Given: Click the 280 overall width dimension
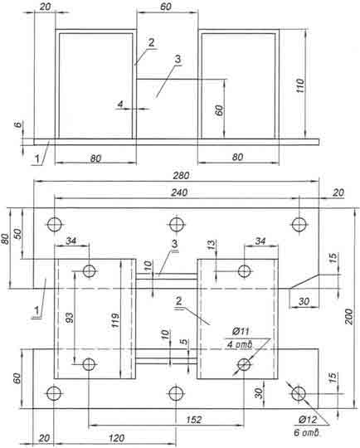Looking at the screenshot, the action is point(181,175).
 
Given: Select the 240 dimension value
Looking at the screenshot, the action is point(179,192).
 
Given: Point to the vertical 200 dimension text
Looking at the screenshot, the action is point(348,316).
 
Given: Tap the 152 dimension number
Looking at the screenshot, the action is point(194,420).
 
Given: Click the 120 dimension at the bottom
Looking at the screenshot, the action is point(117,438).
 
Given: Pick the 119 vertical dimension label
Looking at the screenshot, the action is point(115,320).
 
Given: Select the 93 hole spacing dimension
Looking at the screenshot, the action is point(70,318).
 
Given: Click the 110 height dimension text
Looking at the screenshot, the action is point(300,85).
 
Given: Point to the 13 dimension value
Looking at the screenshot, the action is point(211,245).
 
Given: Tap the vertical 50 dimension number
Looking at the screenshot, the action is point(17,233).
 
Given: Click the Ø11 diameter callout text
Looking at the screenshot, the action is point(241,331).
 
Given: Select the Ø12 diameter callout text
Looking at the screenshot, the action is point(308,420).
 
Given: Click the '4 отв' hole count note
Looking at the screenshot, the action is point(240,344).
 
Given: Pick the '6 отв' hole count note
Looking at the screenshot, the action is point(306,432).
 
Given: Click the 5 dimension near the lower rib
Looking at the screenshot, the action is point(185,342).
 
